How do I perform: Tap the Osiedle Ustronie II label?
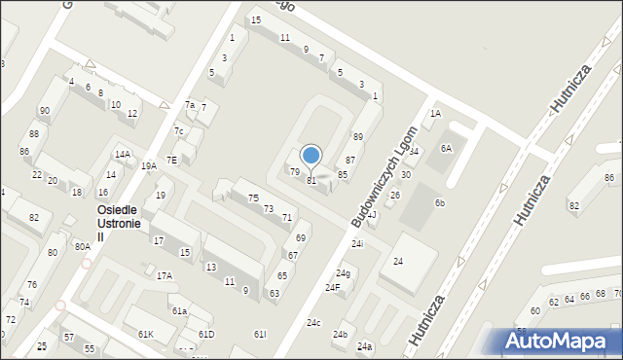[x=119, y=224]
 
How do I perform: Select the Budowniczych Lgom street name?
[x=383, y=176]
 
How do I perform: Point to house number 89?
[x=357, y=137]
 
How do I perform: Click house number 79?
[x=295, y=171]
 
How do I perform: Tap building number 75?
[x=253, y=198]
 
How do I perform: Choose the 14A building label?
[x=122, y=155]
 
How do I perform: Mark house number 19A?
[x=148, y=166]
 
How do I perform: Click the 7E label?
[x=171, y=160]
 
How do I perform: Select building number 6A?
[x=446, y=148]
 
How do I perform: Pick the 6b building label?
[x=440, y=202]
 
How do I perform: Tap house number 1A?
[x=435, y=114]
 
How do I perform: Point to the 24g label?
[x=343, y=273]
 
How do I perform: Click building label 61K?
[x=145, y=335]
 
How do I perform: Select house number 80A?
[x=82, y=247]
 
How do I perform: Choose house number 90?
[x=45, y=111]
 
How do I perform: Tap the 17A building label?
[x=165, y=276]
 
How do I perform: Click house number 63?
[x=275, y=293]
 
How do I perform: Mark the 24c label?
[x=313, y=323]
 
